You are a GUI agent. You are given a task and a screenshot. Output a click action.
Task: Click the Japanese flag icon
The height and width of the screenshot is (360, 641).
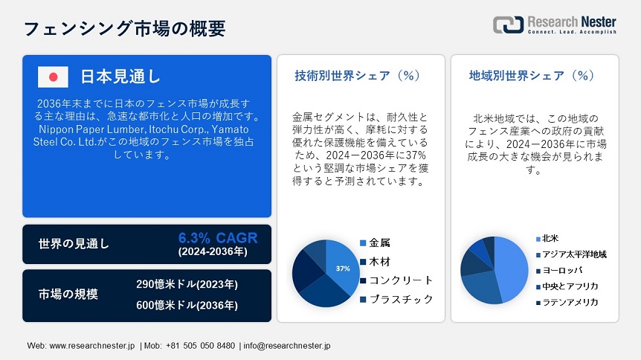pyautogui.click(x=53, y=77)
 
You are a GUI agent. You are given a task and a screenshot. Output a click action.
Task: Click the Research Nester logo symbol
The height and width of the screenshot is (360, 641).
pyautogui.click(x=508, y=25)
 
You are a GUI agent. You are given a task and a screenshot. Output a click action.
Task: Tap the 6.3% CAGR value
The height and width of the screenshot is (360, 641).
pyautogui.click(x=218, y=238)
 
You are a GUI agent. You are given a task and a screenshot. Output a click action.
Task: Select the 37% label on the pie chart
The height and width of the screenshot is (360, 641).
pyautogui.click(x=343, y=269)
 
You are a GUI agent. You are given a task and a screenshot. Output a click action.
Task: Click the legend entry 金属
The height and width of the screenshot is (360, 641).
pyautogui.click(x=375, y=243)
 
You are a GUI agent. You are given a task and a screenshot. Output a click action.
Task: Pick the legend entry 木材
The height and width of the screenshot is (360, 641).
pyautogui.click(x=375, y=262)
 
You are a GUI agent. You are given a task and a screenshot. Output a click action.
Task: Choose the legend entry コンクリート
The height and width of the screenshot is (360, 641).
pyautogui.click(x=396, y=280)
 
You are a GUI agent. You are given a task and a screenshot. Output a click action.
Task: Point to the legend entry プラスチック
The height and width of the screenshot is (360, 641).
pyautogui.click(x=396, y=300)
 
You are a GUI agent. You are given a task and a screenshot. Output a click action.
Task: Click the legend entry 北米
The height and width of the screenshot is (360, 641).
pyautogui.click(x=547, y=239)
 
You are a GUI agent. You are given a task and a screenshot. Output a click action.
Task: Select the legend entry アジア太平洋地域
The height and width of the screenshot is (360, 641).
pyautogui.click(x=572, y=254)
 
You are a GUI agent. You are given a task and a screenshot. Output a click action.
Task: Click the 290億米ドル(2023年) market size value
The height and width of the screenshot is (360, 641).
pyautogui.click(x=187, y=284)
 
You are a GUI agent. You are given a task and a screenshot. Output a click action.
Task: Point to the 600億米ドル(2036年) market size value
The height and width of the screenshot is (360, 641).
pyautogui.click(x=187, y=305)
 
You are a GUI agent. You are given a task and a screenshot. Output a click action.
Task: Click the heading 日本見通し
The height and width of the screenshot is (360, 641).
pyautogui.click(x=120, y=77)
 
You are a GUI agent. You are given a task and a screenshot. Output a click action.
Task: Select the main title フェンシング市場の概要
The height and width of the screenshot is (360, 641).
pyautogui.click(x=125, y=28)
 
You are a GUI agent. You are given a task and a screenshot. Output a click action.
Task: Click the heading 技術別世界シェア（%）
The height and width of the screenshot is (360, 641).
pyautogui.click(x=358, y=76)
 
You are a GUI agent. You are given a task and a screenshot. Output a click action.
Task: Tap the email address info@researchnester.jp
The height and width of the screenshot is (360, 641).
pyautogui.click(x=287, y=346)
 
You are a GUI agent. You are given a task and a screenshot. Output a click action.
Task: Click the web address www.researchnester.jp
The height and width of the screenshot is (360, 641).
pyautogui.click(x=92, y=346)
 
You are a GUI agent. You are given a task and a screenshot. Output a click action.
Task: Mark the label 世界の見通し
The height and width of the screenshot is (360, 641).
pyautogui.click(x=74, y=244)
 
